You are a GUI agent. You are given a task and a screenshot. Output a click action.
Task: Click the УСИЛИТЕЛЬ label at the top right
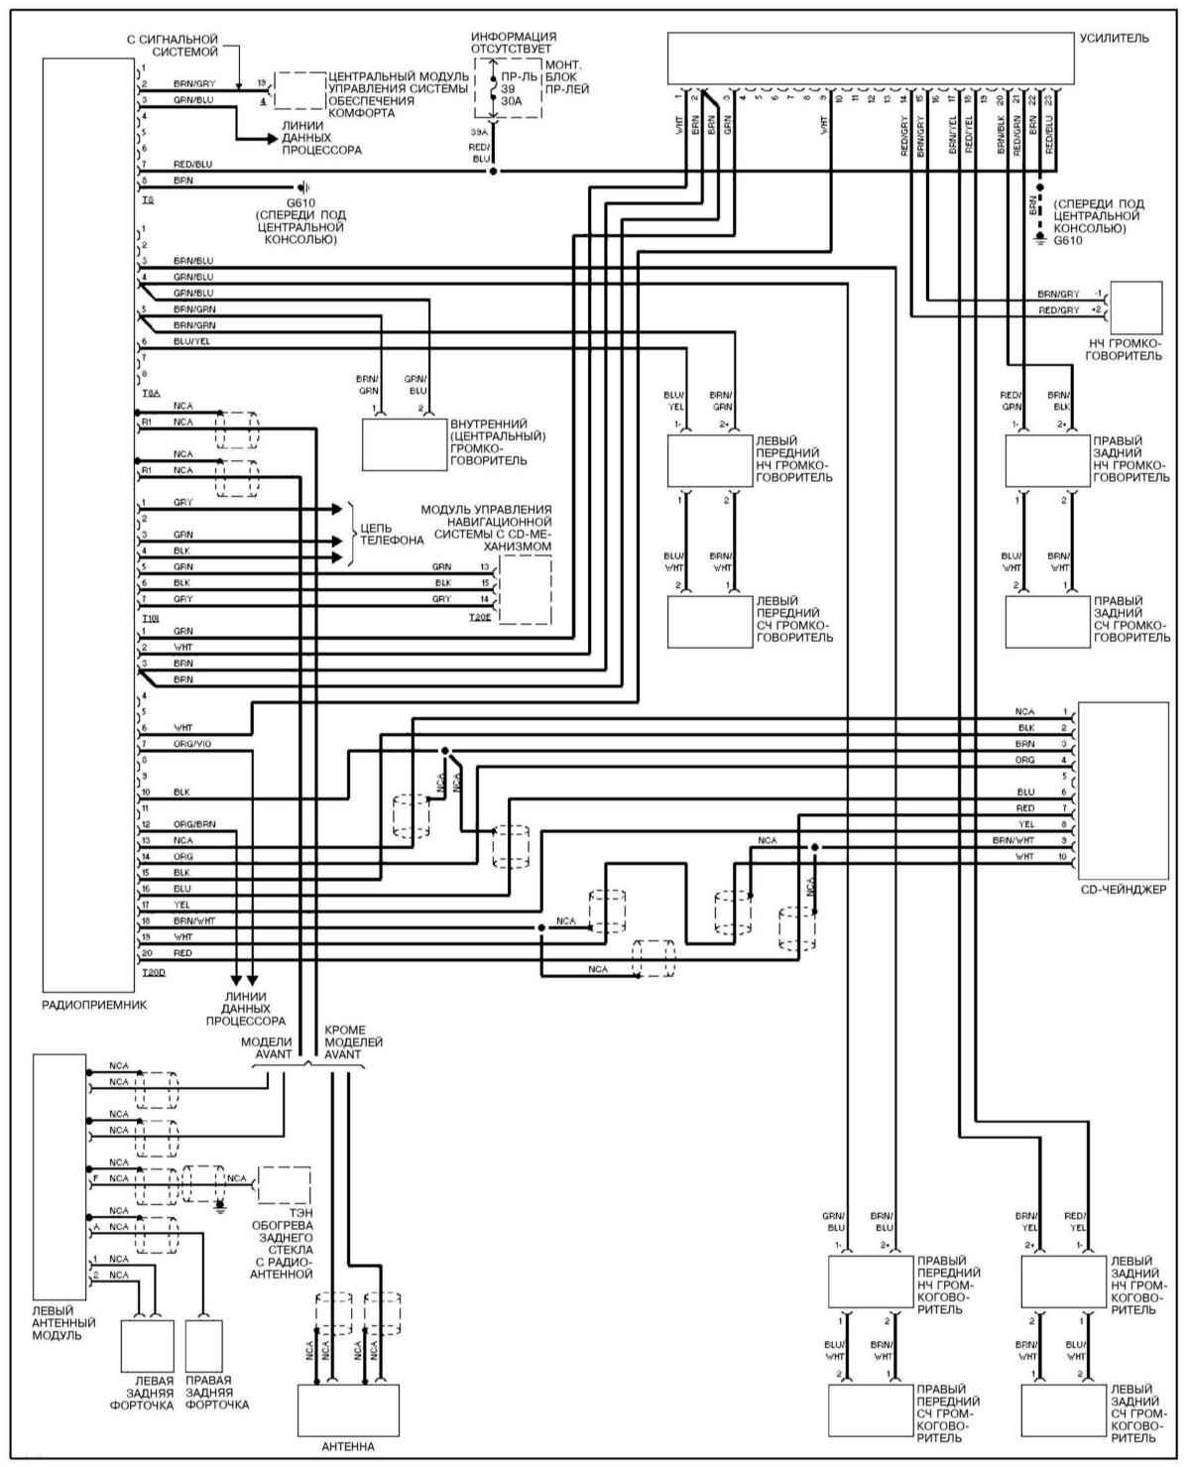pos(1115,39)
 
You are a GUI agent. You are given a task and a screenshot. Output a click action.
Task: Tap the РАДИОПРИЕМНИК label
pos(94,1004)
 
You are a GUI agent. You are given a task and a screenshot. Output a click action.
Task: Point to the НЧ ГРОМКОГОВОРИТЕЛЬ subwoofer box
pos(1136,308)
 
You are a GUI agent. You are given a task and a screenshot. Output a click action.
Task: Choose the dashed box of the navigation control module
pos(525,589)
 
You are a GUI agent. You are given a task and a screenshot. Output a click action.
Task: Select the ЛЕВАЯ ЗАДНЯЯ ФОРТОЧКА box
pos(147,1346)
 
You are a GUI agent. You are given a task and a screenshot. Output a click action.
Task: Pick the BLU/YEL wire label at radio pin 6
pos(191,341)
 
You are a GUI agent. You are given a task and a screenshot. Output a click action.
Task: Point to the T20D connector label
pos(154,972)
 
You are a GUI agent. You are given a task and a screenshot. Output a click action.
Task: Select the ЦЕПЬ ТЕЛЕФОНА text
pos(391,534)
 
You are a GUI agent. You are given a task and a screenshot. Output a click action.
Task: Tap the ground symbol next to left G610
pos(305,186)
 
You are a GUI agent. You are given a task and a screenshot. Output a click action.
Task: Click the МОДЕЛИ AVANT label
pos(267,1048)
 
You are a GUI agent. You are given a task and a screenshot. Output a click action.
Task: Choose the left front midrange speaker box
pos(709,621)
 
